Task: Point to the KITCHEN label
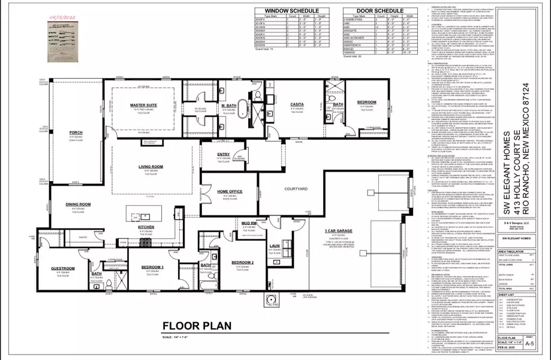pyautogui.click(x=146, y=227)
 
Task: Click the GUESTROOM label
pyautogui.click(x=62, y=268)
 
